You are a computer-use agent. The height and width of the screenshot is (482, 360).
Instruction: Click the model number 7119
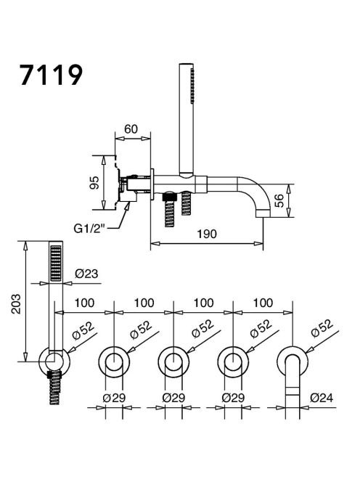point(52,75)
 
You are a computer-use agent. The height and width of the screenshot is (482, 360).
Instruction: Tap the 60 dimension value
point(131,129)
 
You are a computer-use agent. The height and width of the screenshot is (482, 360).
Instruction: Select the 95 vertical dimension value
point(94,183)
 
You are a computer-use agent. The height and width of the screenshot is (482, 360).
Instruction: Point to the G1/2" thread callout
point(89,228)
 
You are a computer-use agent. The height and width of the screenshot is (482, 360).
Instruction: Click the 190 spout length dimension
point(207,234)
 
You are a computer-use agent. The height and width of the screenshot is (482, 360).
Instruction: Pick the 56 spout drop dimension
point(279,201)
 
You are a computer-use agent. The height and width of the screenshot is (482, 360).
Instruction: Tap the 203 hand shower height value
point(16,304)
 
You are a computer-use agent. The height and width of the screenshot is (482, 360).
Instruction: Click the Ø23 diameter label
point(86,273)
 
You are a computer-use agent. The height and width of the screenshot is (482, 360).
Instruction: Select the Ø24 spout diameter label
point(322,398)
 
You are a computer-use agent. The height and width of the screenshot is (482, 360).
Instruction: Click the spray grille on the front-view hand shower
point(56,263)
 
